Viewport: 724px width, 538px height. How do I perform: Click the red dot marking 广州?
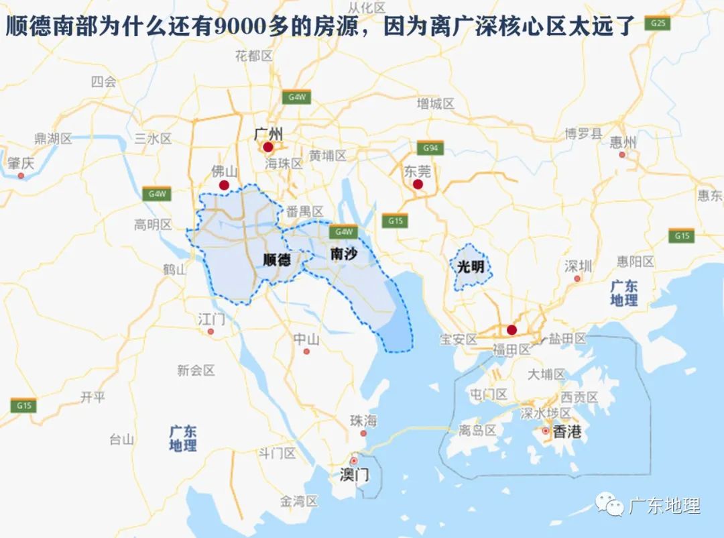click(x=268, y=147)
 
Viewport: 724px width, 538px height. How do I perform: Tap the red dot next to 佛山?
click(x=224, y=185)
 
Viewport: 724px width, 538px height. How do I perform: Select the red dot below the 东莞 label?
click(x=418, y=184)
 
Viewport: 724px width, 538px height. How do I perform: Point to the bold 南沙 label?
click(x=344, y=254)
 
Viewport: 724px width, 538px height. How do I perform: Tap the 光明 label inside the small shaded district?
click(x=470, y=266)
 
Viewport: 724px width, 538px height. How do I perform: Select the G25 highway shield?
click(x=658, y=23)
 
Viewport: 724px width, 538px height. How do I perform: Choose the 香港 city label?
click(x=567, y=432)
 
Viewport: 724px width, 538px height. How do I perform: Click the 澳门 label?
click(x=354, y=476)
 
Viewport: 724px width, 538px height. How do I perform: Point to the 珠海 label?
click(x=363, y=421)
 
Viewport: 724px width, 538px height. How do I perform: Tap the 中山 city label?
click(x=306, y=339)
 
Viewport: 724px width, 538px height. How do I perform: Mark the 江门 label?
click(x=211, y=319)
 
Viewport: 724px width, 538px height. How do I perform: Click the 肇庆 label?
click(x=21, y=163)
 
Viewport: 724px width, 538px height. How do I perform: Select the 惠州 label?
click(x=623, y=142)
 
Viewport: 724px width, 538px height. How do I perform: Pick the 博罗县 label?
click(x=583, y=133)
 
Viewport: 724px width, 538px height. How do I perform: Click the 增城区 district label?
click(x=436, y=104)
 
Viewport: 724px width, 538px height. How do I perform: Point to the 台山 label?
click(x=122, y=440)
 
